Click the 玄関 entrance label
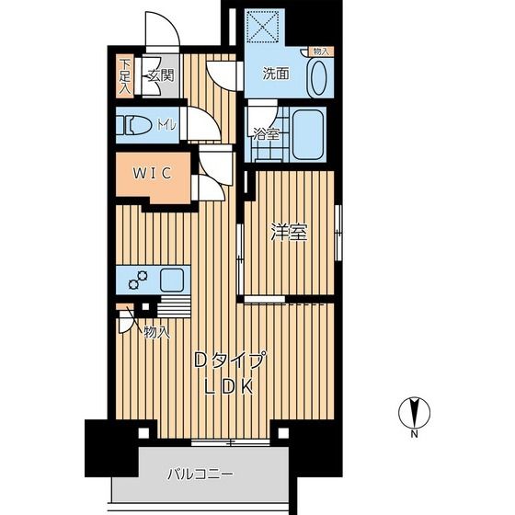click(x=161, y=75)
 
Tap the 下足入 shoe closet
click(x=125, y=75)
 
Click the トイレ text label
click(x=166, y=125)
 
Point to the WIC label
click(x=152, y=173)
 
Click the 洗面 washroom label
click(x=276, y=74)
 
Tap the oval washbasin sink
click(x=318, y=78)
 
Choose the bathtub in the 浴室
click(x=308, y=134)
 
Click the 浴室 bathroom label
click(x=267, y=134)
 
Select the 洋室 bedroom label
click(x=289, y=232)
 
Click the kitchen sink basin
click(x=172, y=280)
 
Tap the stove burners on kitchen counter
click(x=138, y=280)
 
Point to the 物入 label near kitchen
click(x=157, y=333)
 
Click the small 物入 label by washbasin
click(x=321, y=51)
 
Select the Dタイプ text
click(x=230, y=360)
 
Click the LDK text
click(x=229, y=386)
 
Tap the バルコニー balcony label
click(x=200, y=475)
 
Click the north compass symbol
click(x=415, y=413)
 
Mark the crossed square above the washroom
click(x=263, y=27)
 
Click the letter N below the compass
click(x=415, y=434)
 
